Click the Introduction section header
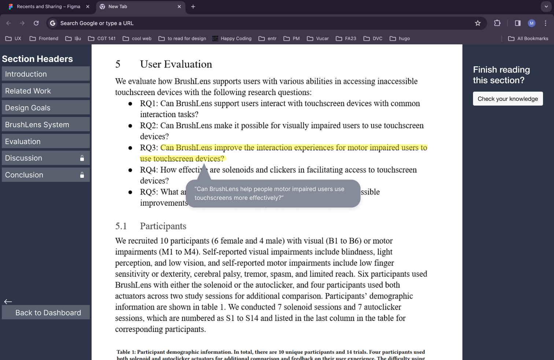click(45, 74)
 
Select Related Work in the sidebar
click(45, 91)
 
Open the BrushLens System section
click(45, 125)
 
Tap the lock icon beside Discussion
click(82, 158)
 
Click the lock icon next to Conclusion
click(82, 175)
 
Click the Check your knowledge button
click(507, 99)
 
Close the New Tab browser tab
click(179, 7)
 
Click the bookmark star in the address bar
click(478, 23)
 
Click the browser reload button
click(36, 23)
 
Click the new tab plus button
click(193, 7)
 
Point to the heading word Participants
click(163, 226)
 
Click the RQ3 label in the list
click(148, 148)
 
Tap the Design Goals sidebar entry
click(45, 108)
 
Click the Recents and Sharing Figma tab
click(48, 7)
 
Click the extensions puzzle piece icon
click(497, 23)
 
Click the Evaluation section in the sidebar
click(45, 142)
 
